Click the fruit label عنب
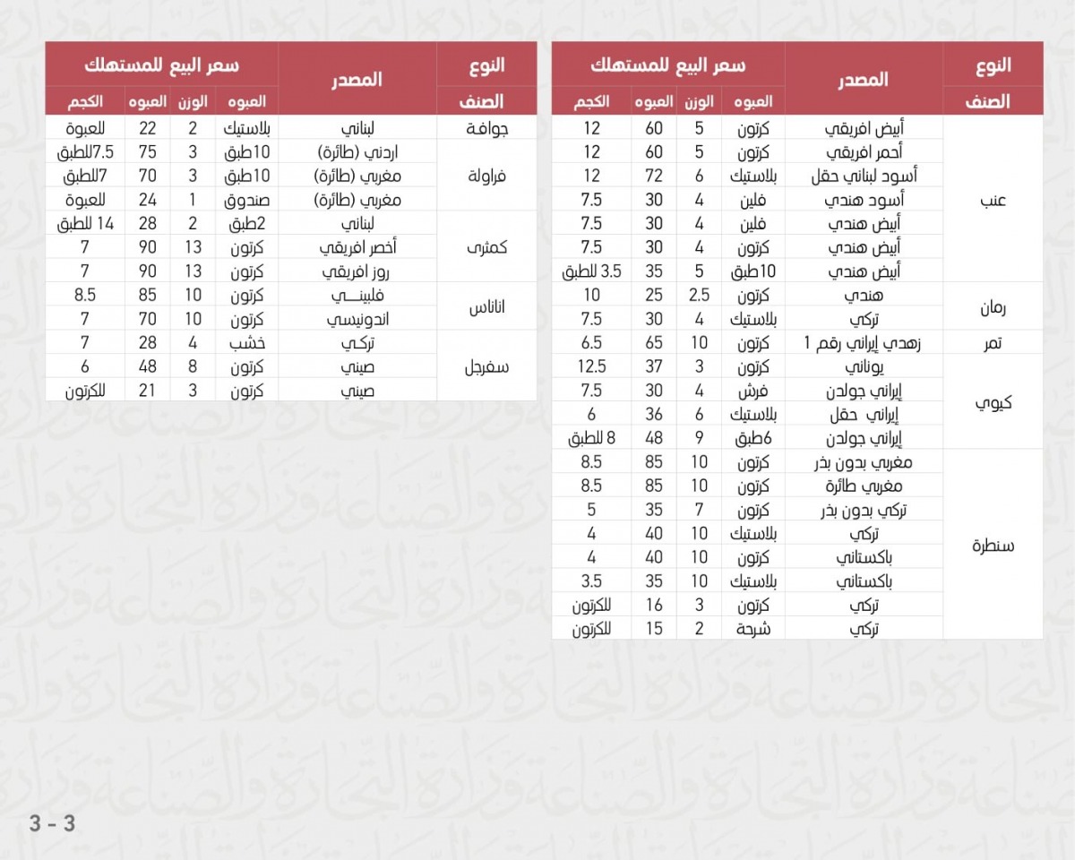993,200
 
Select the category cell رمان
993,307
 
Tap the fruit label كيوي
993,402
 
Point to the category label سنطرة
993,545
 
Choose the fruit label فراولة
487,176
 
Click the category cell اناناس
487,307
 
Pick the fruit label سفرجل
487,366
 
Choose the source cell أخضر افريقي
357,247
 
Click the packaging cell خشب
249,342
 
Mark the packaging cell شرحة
753,628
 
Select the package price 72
655,176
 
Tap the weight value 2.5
699,295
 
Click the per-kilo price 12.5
592,366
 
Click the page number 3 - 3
52,823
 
